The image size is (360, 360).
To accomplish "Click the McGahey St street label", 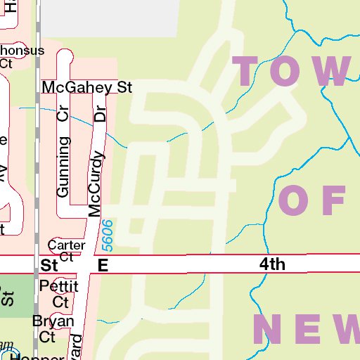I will pyautogui.click(x=87, y=88).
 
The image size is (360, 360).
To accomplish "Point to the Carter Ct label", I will pyautogui.click(x=66, y=250).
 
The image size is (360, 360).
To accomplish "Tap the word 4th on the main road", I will pyautogui.click(x=272, y=264).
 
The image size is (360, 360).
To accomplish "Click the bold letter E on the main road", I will pyautogui.click(x=103, y=265).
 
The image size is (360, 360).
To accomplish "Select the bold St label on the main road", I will pyautogui.click(x=49, y=266).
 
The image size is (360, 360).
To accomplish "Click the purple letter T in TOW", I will pyautogui.click(x=252, y=70).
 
